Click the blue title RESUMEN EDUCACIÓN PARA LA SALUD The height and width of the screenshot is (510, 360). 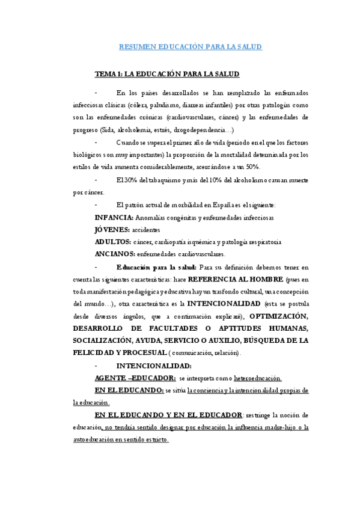191,46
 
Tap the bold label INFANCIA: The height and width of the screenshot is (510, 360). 115,217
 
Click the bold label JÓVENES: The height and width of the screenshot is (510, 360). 112,229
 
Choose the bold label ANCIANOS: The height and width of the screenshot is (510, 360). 115,254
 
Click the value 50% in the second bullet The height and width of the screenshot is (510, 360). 261,167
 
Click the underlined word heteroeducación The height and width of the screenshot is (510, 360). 258,378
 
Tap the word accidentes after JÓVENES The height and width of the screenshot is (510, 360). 147,230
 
